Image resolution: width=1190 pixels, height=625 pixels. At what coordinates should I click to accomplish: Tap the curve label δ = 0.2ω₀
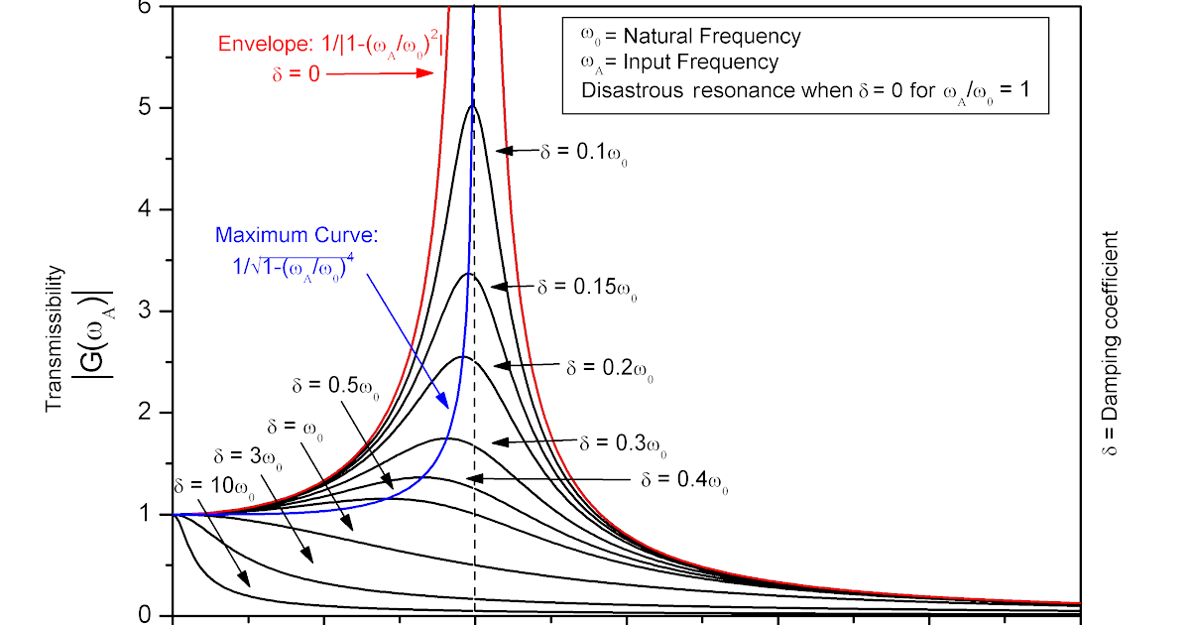(x=610, y=367)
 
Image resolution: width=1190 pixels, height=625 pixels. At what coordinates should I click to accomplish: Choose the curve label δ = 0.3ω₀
(x=623, y=442)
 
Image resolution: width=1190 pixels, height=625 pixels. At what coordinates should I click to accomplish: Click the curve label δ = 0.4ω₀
(x=685, y=481)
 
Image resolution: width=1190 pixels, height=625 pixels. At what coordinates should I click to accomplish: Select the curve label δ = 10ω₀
(x=214, y=486)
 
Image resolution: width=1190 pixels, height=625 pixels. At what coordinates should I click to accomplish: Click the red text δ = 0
(x=295, y=72)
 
